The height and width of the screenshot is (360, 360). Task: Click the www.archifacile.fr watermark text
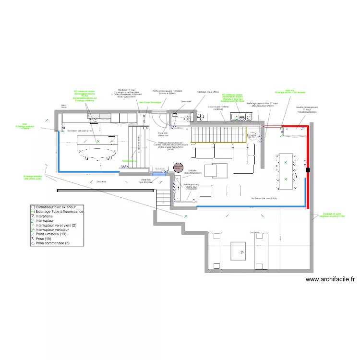(x=329, y=279)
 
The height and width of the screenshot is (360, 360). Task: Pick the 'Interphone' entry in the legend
(x=46, y=216)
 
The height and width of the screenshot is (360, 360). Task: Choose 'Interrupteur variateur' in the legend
(x=54, y=230)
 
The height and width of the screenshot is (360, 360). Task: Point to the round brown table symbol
(x=178, y=168)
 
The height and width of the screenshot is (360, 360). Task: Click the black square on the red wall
(x=308, y=170)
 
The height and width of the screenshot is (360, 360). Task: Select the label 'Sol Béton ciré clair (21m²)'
(x=81, y=131)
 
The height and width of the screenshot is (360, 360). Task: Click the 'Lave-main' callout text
(x=186, y=102)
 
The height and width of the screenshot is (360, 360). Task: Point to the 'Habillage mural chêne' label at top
(x=207, y=91)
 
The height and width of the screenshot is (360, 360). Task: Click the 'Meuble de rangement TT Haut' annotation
(x=307, y=109)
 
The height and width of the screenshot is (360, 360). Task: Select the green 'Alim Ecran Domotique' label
(x=149, y=102)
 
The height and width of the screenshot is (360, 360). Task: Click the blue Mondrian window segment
(x=159, y=174)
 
